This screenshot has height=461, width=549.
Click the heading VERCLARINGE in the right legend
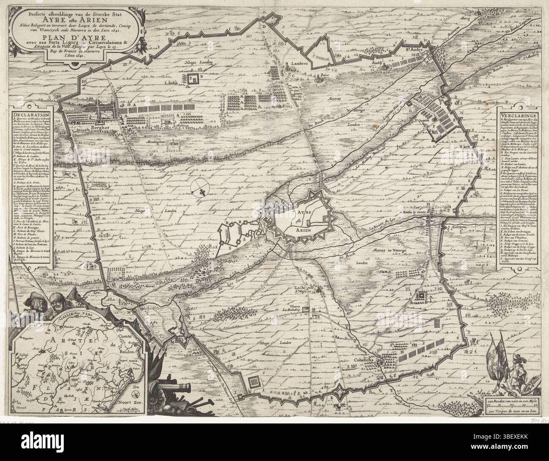[517, 115]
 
